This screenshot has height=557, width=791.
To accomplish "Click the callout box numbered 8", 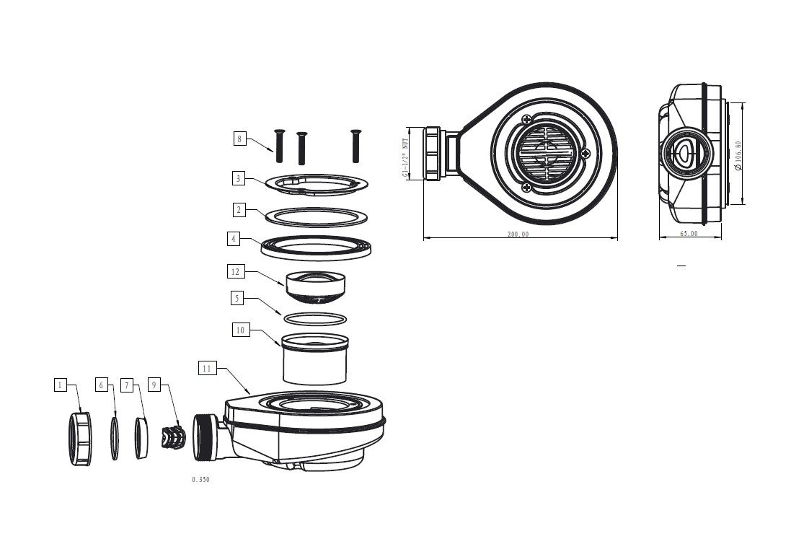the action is click(x=239, y=139).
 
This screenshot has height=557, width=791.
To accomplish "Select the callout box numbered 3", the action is click(x=239, y=178).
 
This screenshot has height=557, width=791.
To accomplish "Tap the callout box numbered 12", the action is click(x=236, y=272).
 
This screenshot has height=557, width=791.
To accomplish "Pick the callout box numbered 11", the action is click(x=207, y=369).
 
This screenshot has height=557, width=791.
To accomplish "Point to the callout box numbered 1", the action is click(x=61, y=385).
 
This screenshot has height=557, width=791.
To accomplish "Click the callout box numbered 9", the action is click(x=154, y=385).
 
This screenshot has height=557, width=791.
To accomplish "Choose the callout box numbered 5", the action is click(x=237, y=299).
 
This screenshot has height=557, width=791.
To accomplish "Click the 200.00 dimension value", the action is click(x=518, y=234).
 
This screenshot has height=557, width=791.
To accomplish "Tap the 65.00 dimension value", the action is click(x=689, y=233).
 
